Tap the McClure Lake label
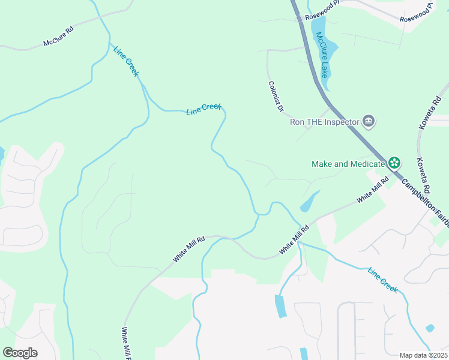click(x=323, y=54)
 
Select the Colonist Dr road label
click(x=276, y=97)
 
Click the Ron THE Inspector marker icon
click(x=369, y=122)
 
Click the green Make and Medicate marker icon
click(x=394, y=163)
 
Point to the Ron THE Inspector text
click(x=324, y=122)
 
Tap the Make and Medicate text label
click(x=348, y=164)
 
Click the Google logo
click(x=20, y=353)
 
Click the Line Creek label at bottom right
click(x=383, y=280)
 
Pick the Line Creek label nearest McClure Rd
click(x=126, y=60)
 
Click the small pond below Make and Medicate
click(x=309, y=202)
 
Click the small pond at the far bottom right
click(x=430, y=328)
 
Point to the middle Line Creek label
click(x=204, y=109)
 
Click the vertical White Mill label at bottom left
click(x=126, y=341)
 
